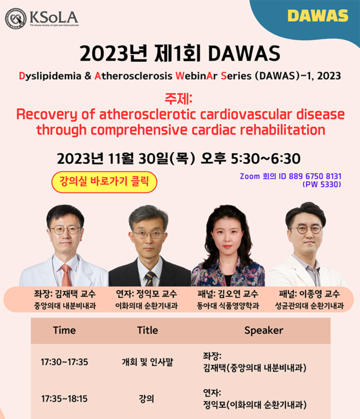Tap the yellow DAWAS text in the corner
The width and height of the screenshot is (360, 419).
[x=326, y=16]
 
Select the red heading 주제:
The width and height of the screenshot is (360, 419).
[x=179, y=98]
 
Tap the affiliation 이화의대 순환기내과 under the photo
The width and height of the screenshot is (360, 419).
[x=146, y=306]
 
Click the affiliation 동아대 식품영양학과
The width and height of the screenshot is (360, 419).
[x=228, y=306]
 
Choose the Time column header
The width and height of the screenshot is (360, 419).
[x=64, y=330]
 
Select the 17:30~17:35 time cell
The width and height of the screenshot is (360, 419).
[x=64, y=362]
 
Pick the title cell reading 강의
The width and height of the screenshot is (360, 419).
[x=146, y=398]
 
